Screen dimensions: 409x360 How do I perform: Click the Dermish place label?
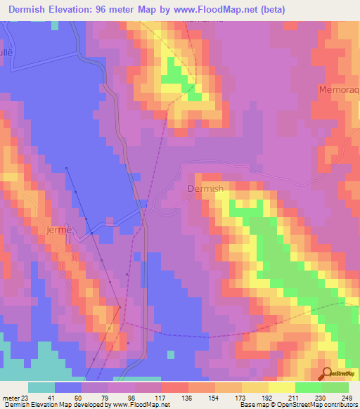tap(206, 188)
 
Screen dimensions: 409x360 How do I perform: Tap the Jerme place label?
tap(58, 231)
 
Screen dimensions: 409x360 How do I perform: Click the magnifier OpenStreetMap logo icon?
tap(328, 374)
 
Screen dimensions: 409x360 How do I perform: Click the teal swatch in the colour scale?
tap(41, 387)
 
